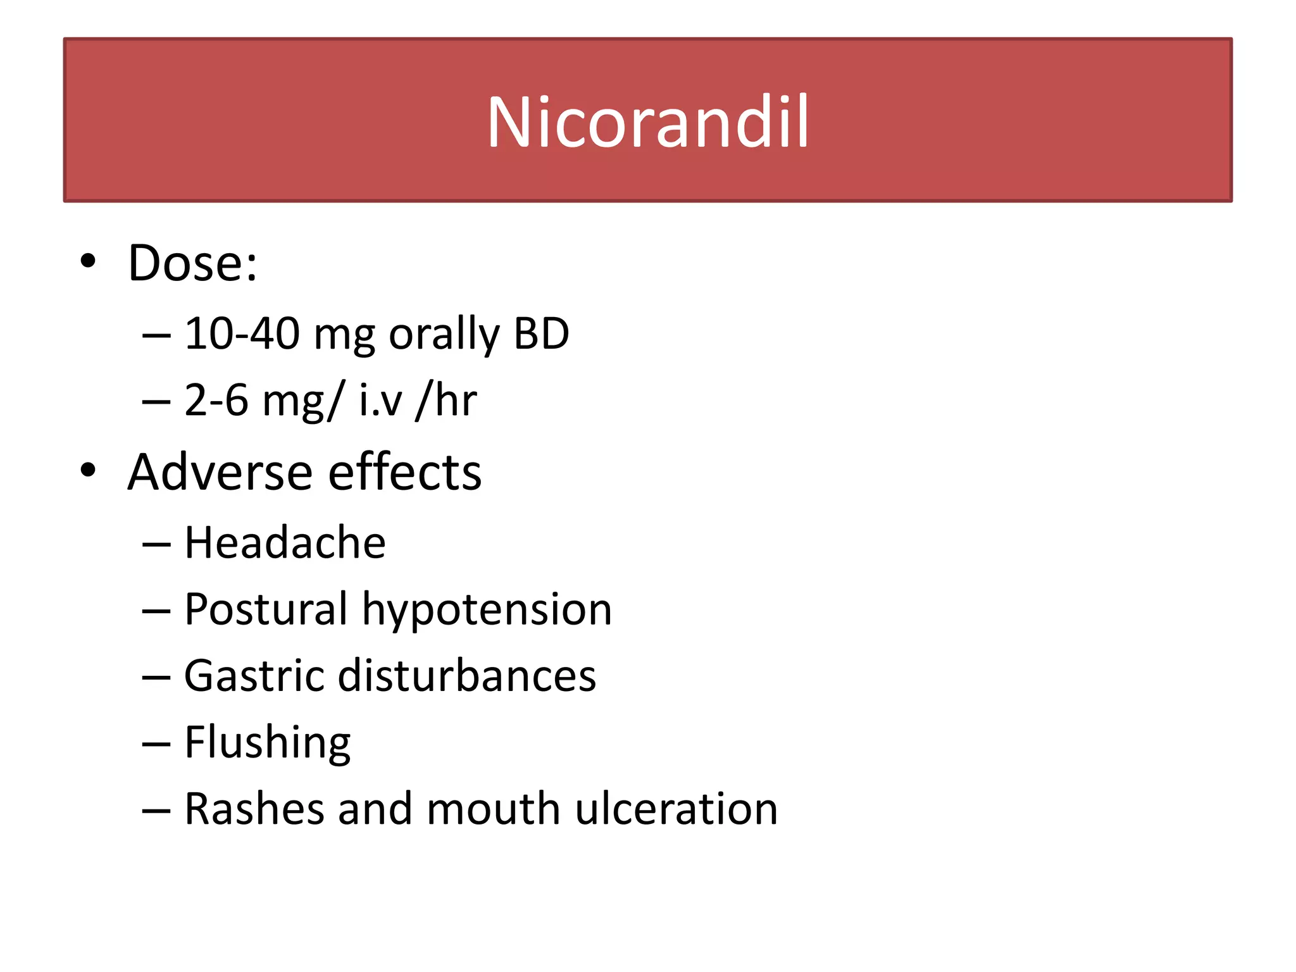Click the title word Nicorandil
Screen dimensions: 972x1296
[647, 121]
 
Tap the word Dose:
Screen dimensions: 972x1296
[192, 263]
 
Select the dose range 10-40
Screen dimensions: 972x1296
[242, 333]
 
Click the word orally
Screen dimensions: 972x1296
[444, 335]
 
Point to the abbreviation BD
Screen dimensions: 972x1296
[542, 333]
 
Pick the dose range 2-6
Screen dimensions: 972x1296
[216, 401]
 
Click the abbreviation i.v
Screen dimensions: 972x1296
[380, 401]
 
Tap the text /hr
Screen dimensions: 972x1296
[446, 401]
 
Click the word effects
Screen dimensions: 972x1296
[405, 472]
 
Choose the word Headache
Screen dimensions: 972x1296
[285, 543]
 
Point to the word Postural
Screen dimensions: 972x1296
[266, 609]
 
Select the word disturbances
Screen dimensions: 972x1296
[467, 676]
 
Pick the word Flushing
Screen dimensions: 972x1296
[267, 743]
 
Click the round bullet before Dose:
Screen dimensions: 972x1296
[88, 261]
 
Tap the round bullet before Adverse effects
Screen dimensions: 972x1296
[88, 470]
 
